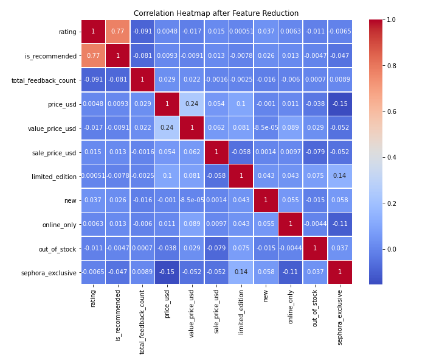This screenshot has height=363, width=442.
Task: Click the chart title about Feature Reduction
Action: (216, 13)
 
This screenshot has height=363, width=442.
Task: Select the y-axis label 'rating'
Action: (67, 32)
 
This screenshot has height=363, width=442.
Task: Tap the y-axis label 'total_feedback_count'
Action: (44, 80)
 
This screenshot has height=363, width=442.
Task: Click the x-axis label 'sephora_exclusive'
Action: (340, 317)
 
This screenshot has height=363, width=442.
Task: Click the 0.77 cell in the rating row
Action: (118, 32)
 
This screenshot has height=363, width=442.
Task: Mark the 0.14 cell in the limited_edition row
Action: (340, 176)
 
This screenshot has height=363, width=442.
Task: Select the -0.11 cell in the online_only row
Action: (340, 224)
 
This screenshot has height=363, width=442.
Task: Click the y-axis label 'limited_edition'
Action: (54, 176)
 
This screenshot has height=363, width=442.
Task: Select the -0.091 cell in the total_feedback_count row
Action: (93, 80)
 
